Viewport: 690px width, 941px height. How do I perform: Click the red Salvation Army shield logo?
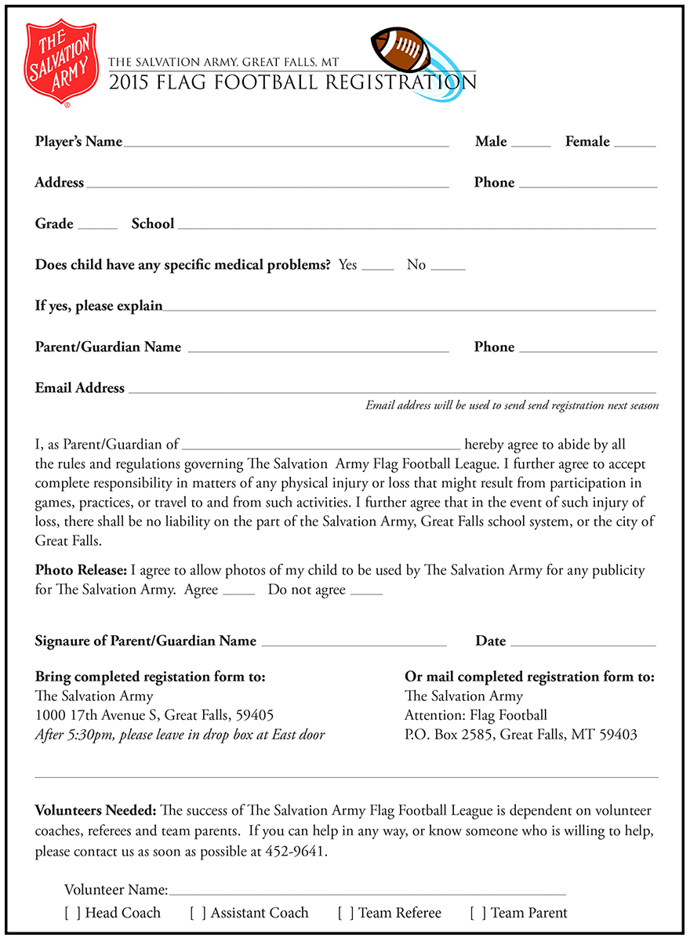click(x=62, y=63)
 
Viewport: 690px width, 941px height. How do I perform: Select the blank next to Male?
click(x=532, y=144)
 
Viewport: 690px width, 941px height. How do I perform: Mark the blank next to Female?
click(x=635, y=144)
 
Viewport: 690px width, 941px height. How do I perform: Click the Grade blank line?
click(x=97, y=227)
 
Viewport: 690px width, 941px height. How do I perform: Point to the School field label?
click(x=153, y=224)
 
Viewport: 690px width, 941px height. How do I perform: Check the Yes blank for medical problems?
click(x=378, y=267)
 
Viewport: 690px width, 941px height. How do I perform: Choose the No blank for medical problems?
click(x=448, y=267)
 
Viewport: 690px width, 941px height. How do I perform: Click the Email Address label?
click(x=80, y=388)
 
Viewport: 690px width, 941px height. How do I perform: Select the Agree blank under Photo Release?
click(x=239, y=593)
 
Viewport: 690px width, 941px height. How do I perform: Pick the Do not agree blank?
click(x=366, y=593)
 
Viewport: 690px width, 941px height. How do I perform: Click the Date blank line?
click(x=583, y=644)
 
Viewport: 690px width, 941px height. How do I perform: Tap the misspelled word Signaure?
click(x=67, y=641)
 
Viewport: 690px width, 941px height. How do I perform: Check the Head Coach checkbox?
click(x=72, y=914)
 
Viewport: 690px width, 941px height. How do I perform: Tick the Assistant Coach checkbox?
click(x=198, y=914)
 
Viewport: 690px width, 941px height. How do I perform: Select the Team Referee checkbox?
click(x=346, y=914)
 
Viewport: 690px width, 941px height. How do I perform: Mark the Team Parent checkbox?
click(x=478, y=914)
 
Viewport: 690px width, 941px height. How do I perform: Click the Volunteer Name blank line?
click(x=367, y=892)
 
